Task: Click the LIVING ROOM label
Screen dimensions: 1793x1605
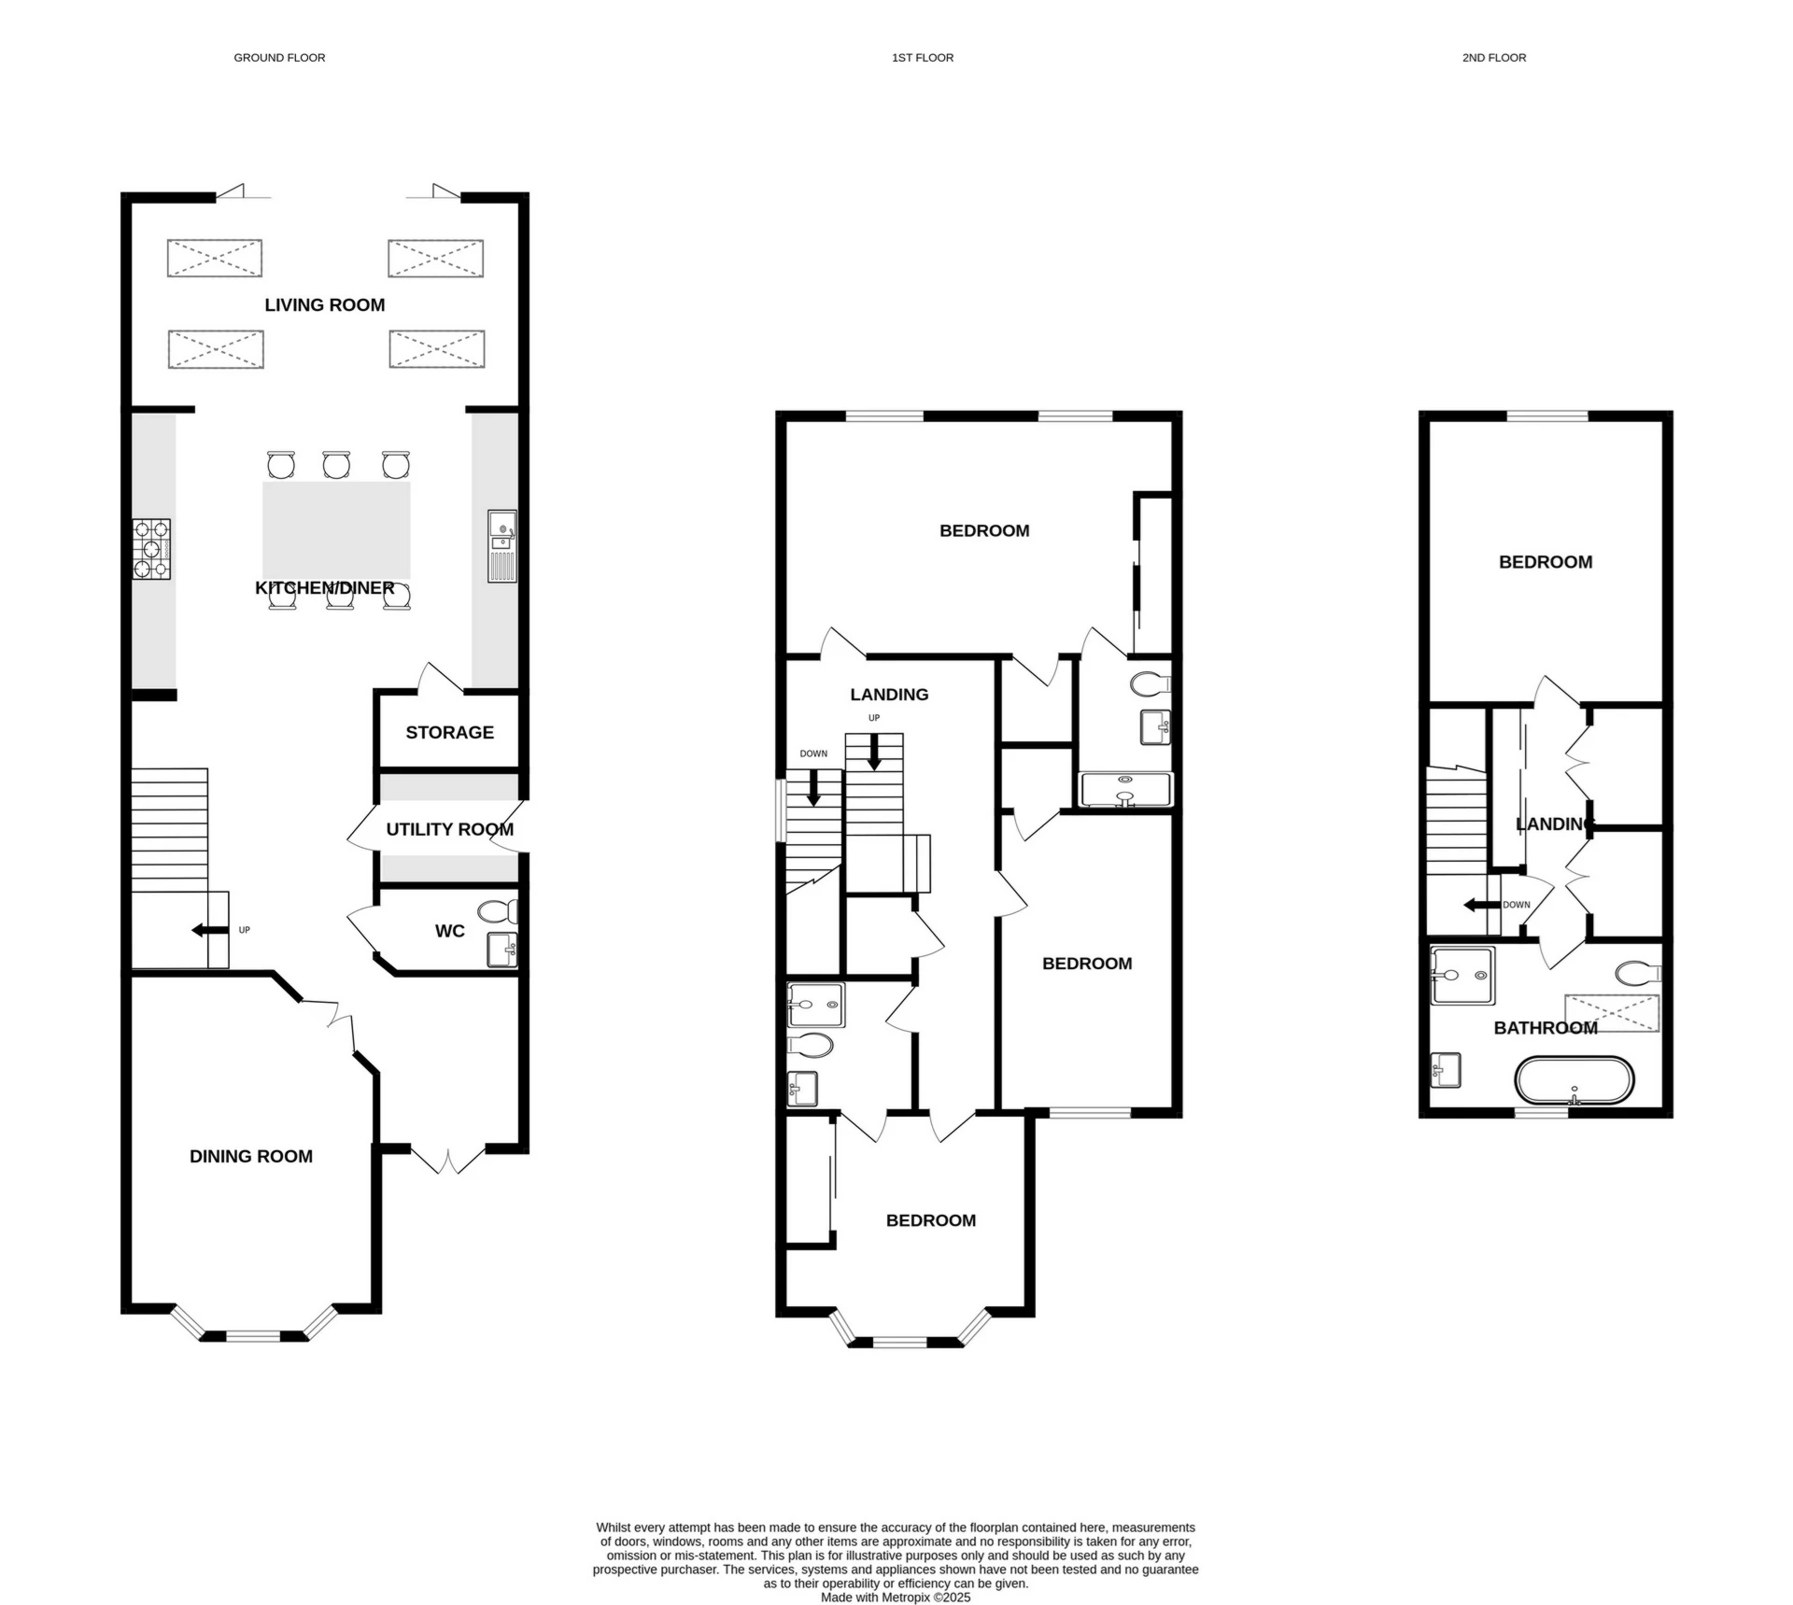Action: [x=324, y=304]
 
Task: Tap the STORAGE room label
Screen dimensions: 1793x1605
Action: [x=449, y=732]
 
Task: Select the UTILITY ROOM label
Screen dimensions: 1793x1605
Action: [x=449, y=829]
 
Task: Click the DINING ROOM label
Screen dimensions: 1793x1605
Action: [x=251, y=1156]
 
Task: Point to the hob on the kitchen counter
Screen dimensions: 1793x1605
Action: [x=151, y=549]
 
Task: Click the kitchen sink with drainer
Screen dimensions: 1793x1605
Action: [x=501, y=546]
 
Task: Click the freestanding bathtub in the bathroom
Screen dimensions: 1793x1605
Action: [x=1574, y=1080]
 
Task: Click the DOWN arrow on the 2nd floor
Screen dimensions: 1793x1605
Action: [x=1480, y=905]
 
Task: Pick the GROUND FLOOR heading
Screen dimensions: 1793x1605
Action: [x=279, y=58]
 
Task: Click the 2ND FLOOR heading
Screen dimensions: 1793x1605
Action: [x=1494, y=58]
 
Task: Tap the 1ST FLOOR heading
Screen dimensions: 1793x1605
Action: [x=923, y=58]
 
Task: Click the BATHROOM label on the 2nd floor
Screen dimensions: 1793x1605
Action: [x=1546, y=1028]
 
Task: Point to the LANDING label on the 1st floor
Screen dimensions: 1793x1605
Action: [x=889, y=695]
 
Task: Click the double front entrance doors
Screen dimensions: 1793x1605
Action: [x=448, y=1160]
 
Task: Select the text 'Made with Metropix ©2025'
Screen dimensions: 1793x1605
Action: [x=896, y=1598]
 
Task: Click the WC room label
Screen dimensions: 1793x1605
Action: [x=449, y=931]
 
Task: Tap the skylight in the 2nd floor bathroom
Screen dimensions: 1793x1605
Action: [x=1612, y=1013]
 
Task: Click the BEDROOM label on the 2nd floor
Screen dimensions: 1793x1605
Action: [x=1546, y=562]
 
